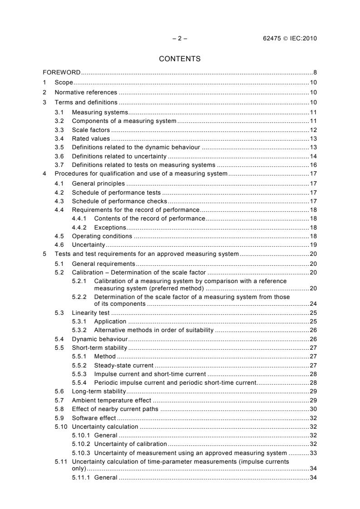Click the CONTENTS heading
point(180,59)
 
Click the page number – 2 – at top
point(180,38)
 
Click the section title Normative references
point(83,93)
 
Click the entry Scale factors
point(88,130)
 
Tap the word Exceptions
point(110,227)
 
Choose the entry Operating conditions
point(102,236)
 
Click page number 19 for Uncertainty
point(313,245)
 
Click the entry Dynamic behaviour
point(99,339)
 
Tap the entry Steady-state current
point(123,365)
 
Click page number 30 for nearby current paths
point(313,409)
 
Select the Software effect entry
point(94,418)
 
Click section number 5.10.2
point(82,444)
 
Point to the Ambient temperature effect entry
point(112,400)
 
